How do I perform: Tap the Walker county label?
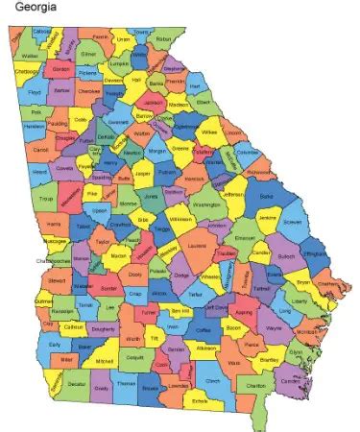[29, 55]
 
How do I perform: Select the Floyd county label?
[35, 93]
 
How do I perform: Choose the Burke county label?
[266, 195]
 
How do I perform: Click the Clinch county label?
[212, 381]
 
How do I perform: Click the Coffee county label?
[202, 329]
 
